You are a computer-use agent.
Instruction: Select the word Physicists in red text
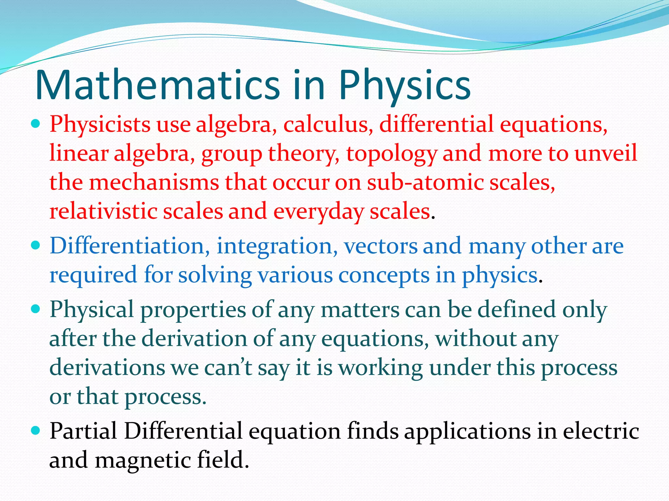pyautogui.click(x=100, y=125)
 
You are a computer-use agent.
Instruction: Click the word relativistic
pyautogui.click(x=103, y=211)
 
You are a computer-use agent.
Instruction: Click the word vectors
pyautogui.click(x=381, y=246)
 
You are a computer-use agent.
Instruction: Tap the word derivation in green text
pyautogui.click(x=194, y=339)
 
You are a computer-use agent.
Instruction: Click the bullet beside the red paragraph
pyautogui.click(x=36, y=124)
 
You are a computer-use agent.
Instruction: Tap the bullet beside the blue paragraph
pyautogui.click(x=36, y=245)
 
